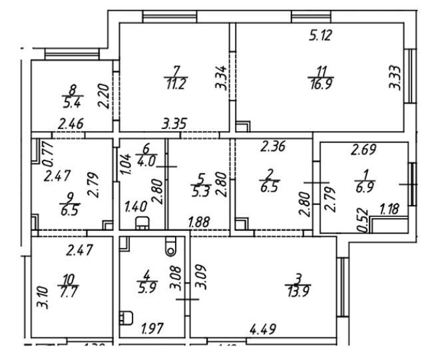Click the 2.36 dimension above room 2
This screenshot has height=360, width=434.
(x=274, y=146)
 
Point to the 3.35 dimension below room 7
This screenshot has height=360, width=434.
(x=175, y=122)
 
